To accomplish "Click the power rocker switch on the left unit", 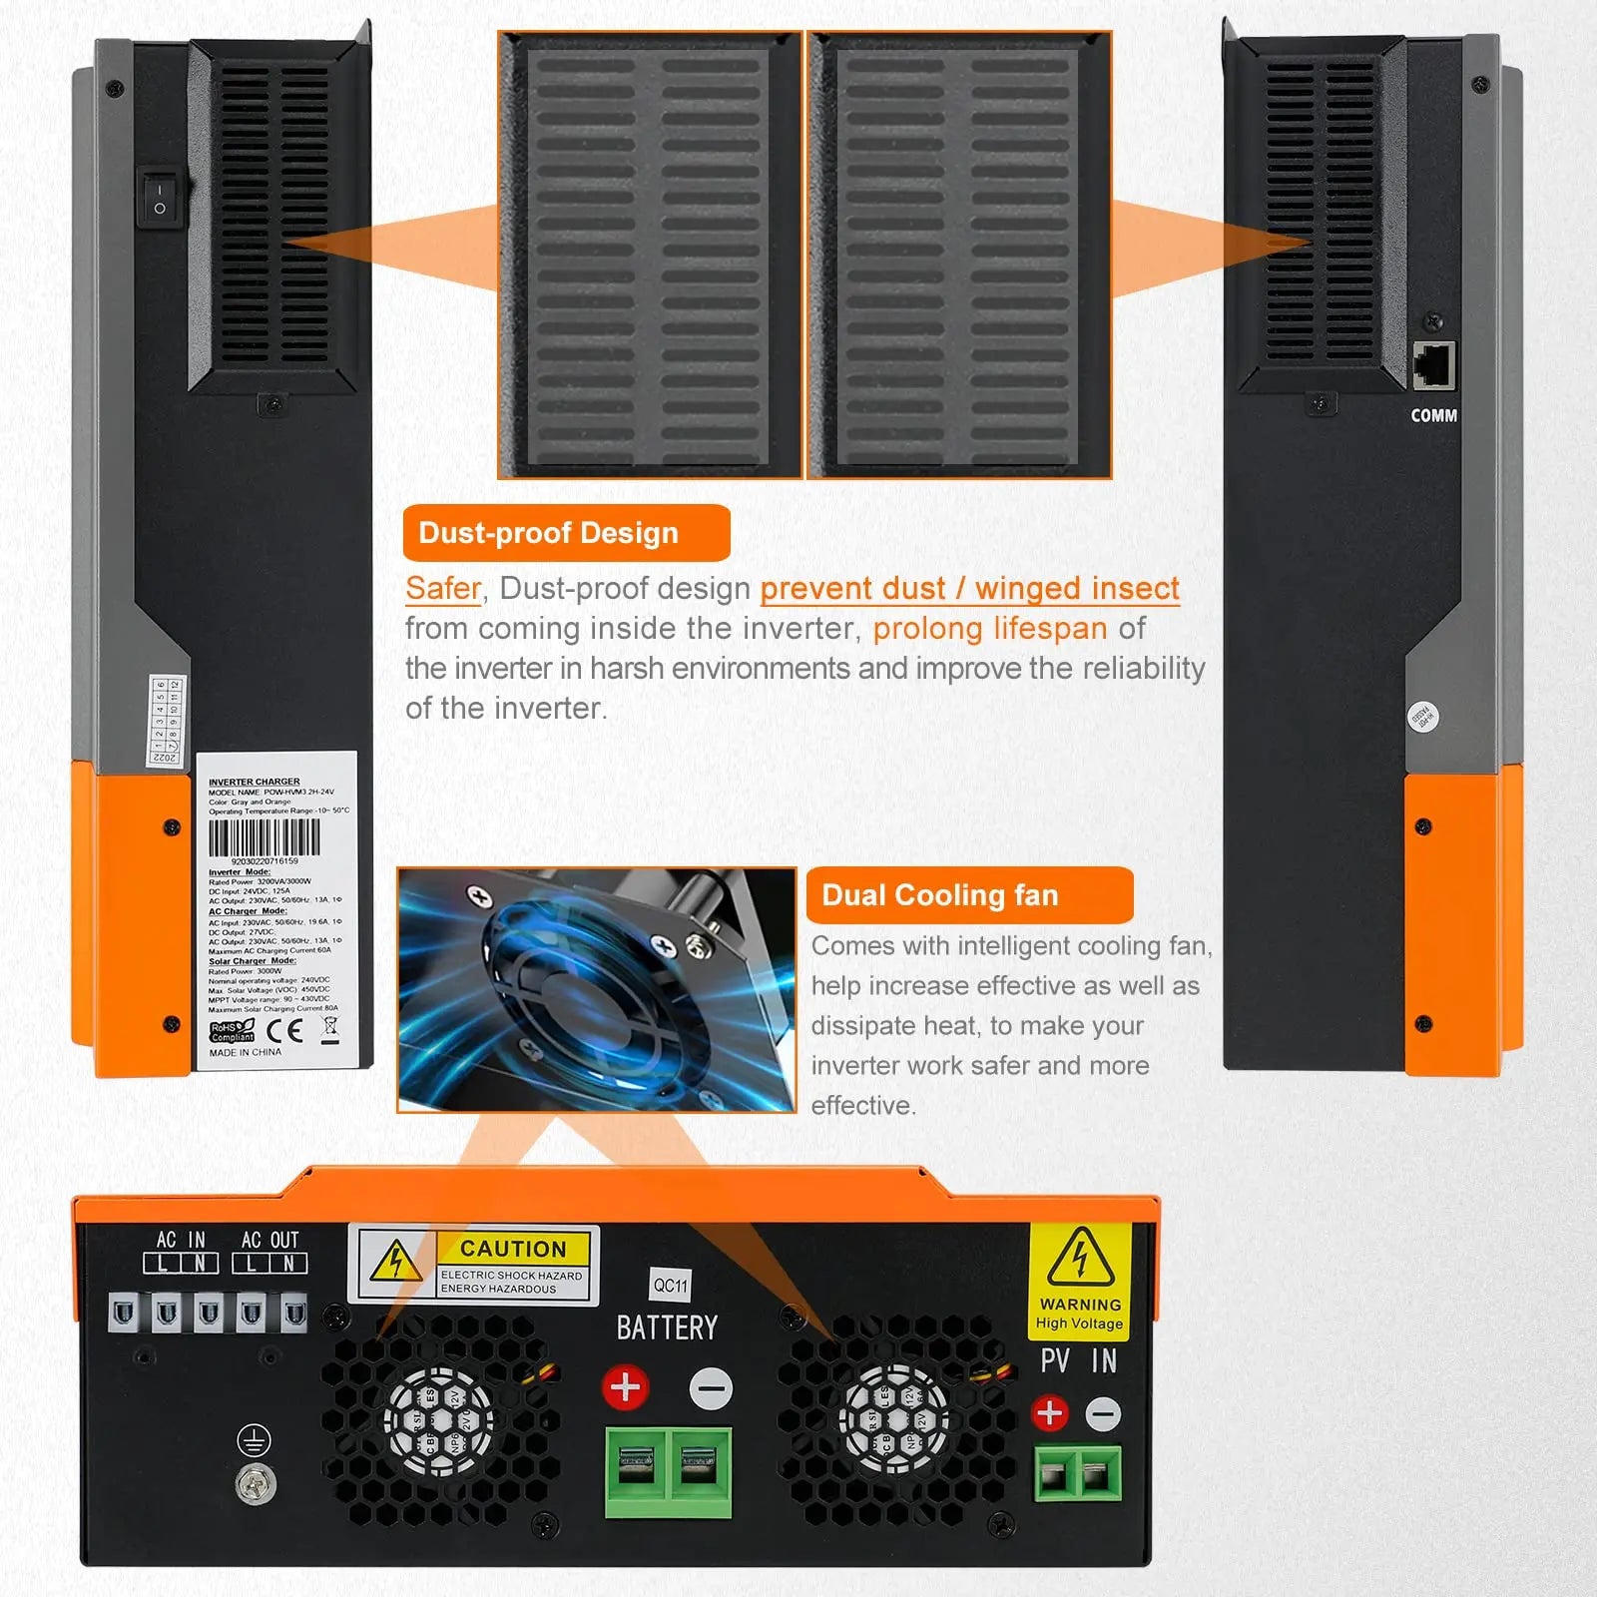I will point(160,198).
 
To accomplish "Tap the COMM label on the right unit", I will point(1433,415).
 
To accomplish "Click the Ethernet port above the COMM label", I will point(1433,365).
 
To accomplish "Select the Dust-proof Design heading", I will point(548,533).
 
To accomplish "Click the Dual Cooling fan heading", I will point(939,895).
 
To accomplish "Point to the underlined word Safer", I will point(442,589).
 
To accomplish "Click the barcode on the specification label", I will point(264,837).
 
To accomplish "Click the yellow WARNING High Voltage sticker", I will point(1080,1281).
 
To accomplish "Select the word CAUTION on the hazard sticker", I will point(513,1249).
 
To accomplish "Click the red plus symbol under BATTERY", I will point(626,1387).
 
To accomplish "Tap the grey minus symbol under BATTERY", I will point(711,1388).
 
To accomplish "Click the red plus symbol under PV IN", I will point(1049,1412).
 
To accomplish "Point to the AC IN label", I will point(181,1240).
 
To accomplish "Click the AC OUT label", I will point(269,1240).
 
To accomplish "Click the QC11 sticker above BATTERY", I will point(671,1285).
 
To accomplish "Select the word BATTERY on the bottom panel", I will point(667,1329).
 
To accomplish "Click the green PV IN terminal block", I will point(1078,1473).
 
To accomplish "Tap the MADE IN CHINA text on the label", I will point(245,1052).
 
